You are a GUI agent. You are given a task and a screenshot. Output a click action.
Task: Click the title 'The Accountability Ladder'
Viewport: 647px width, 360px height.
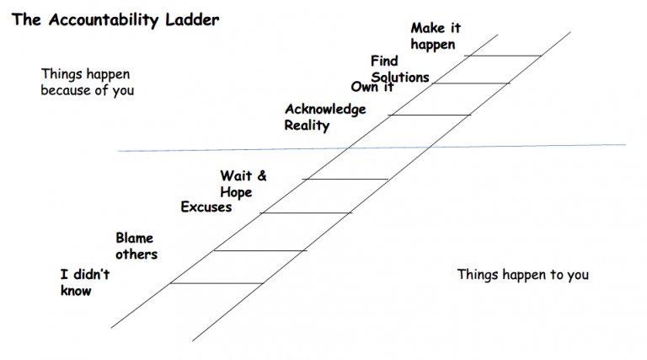[x=115, y=19]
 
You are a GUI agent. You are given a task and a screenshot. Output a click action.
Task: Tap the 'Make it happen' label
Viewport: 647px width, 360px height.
[x=435, y=36]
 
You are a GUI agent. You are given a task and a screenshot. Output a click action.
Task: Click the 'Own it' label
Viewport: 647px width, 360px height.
[x=372, y=87]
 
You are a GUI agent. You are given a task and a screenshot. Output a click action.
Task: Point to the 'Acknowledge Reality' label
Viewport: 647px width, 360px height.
[x=325, y=117]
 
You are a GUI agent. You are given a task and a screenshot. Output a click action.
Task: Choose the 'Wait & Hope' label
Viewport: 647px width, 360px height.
[x=243, y=184]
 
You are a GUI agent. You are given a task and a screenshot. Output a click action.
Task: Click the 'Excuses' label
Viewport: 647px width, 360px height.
[x=206, y=207]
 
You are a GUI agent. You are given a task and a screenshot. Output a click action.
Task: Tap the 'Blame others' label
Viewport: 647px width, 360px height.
[x=136, y=245]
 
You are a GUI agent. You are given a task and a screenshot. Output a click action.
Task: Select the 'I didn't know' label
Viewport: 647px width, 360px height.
[x=84, y=282]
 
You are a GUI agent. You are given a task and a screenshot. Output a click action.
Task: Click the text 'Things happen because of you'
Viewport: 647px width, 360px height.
[x=87, y=82]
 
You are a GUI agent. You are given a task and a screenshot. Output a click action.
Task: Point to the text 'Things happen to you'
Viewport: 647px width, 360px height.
[x=522, y=274]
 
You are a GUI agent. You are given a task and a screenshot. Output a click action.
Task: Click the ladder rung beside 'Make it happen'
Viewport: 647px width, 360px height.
[x=503, y=56]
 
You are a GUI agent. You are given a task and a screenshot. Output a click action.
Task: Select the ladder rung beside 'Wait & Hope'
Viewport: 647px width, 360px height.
[x=345, y=179]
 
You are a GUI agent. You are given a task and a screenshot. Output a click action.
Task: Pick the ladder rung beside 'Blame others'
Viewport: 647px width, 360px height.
[x=260, y=250]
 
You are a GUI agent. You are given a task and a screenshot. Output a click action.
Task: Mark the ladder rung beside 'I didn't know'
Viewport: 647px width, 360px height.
[x=217, y=283]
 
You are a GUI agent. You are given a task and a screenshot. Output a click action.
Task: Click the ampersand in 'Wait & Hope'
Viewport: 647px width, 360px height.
[x=261, y=175]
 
